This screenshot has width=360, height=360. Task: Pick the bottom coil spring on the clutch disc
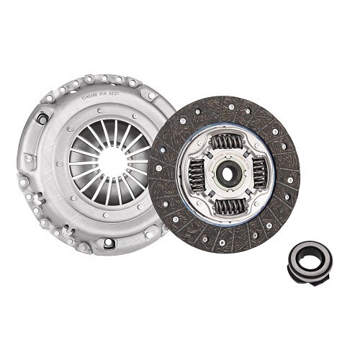(x=229, y=206)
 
